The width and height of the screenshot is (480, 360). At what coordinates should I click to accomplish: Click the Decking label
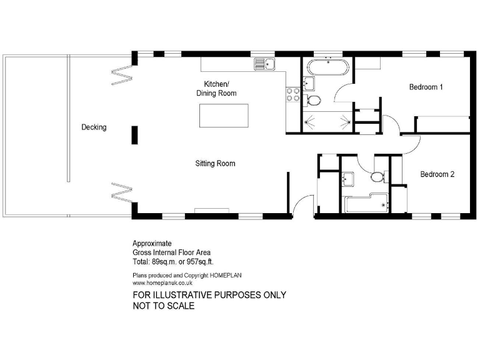[x=94, y=127]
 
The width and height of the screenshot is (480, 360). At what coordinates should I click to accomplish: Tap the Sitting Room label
[x=215, y=164]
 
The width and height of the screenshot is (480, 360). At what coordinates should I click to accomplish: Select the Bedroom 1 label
[x=426, y=87]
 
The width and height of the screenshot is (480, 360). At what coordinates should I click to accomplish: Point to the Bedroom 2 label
[x=437, y=174]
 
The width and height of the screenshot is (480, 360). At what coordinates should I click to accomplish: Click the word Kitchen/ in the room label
[x=217, y=84]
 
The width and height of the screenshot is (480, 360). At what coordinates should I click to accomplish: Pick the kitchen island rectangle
[x=223, y=116]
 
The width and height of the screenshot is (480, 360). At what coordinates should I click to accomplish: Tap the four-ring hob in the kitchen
[x=293, y=94]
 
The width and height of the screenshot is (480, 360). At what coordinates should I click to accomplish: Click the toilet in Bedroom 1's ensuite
[x=314, y=101]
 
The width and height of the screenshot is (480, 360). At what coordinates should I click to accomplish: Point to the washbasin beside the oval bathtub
[x=307, y=83]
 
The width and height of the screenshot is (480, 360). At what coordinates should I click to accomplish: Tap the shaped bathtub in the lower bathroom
[x=366, y=203]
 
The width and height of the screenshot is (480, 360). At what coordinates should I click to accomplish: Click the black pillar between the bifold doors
[x=134, y=134]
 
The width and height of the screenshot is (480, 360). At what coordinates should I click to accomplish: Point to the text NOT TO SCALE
[x=163, y=306]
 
